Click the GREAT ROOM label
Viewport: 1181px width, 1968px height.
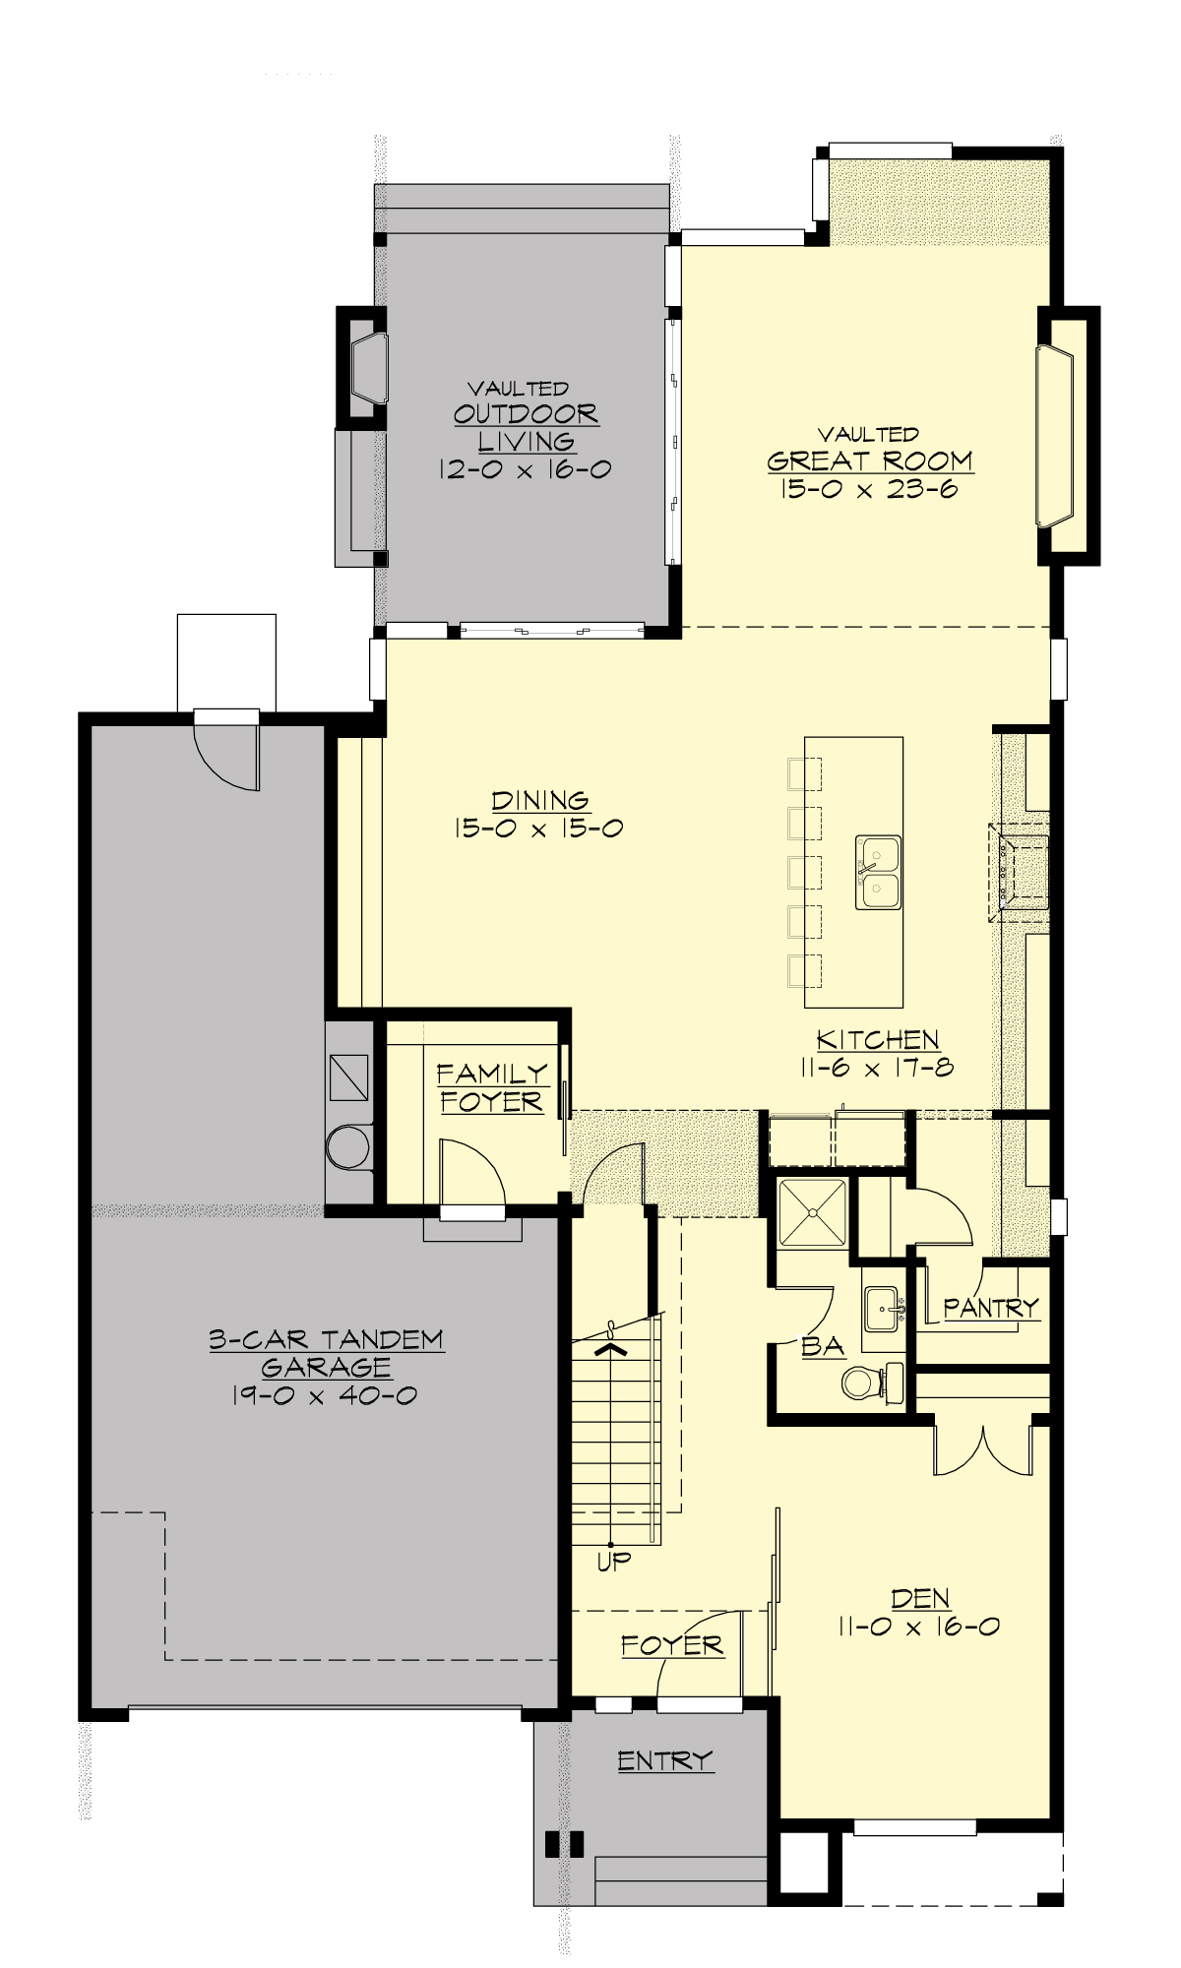pyautogui.click(x=870, y=461)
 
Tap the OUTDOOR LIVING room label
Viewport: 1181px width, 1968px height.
pyautogui.click(x=526, y=427)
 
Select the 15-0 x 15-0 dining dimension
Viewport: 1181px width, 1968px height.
pyautogui.click(x=538, y=829)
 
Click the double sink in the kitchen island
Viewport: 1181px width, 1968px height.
pyautogui.click(x=878, y=872)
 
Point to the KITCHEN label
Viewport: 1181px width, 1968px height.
pyautogui.click(x=878, y=1039)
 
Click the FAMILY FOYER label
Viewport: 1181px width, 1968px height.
pyautogui.click(x=491, y=1087)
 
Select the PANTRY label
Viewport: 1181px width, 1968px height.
pyautogui.click(x=990, y=1308)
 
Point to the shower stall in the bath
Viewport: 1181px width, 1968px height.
pyautogui.click(x=812, y=1212)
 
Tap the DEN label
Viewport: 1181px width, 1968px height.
pyautogui.click(x=920, y=1599)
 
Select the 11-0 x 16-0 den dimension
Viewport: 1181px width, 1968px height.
pyautogui.click(x=918, y=1627)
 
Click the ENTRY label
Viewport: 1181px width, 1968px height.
pyautogui.click(x=665, y=1760)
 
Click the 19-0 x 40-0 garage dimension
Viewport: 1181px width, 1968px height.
pyautogui.click(x=325, y=1395)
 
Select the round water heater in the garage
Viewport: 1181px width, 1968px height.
pyautogui.click(x=347, y=1147)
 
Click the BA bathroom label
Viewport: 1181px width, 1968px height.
pyautogui.click(x=823, y=1346)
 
